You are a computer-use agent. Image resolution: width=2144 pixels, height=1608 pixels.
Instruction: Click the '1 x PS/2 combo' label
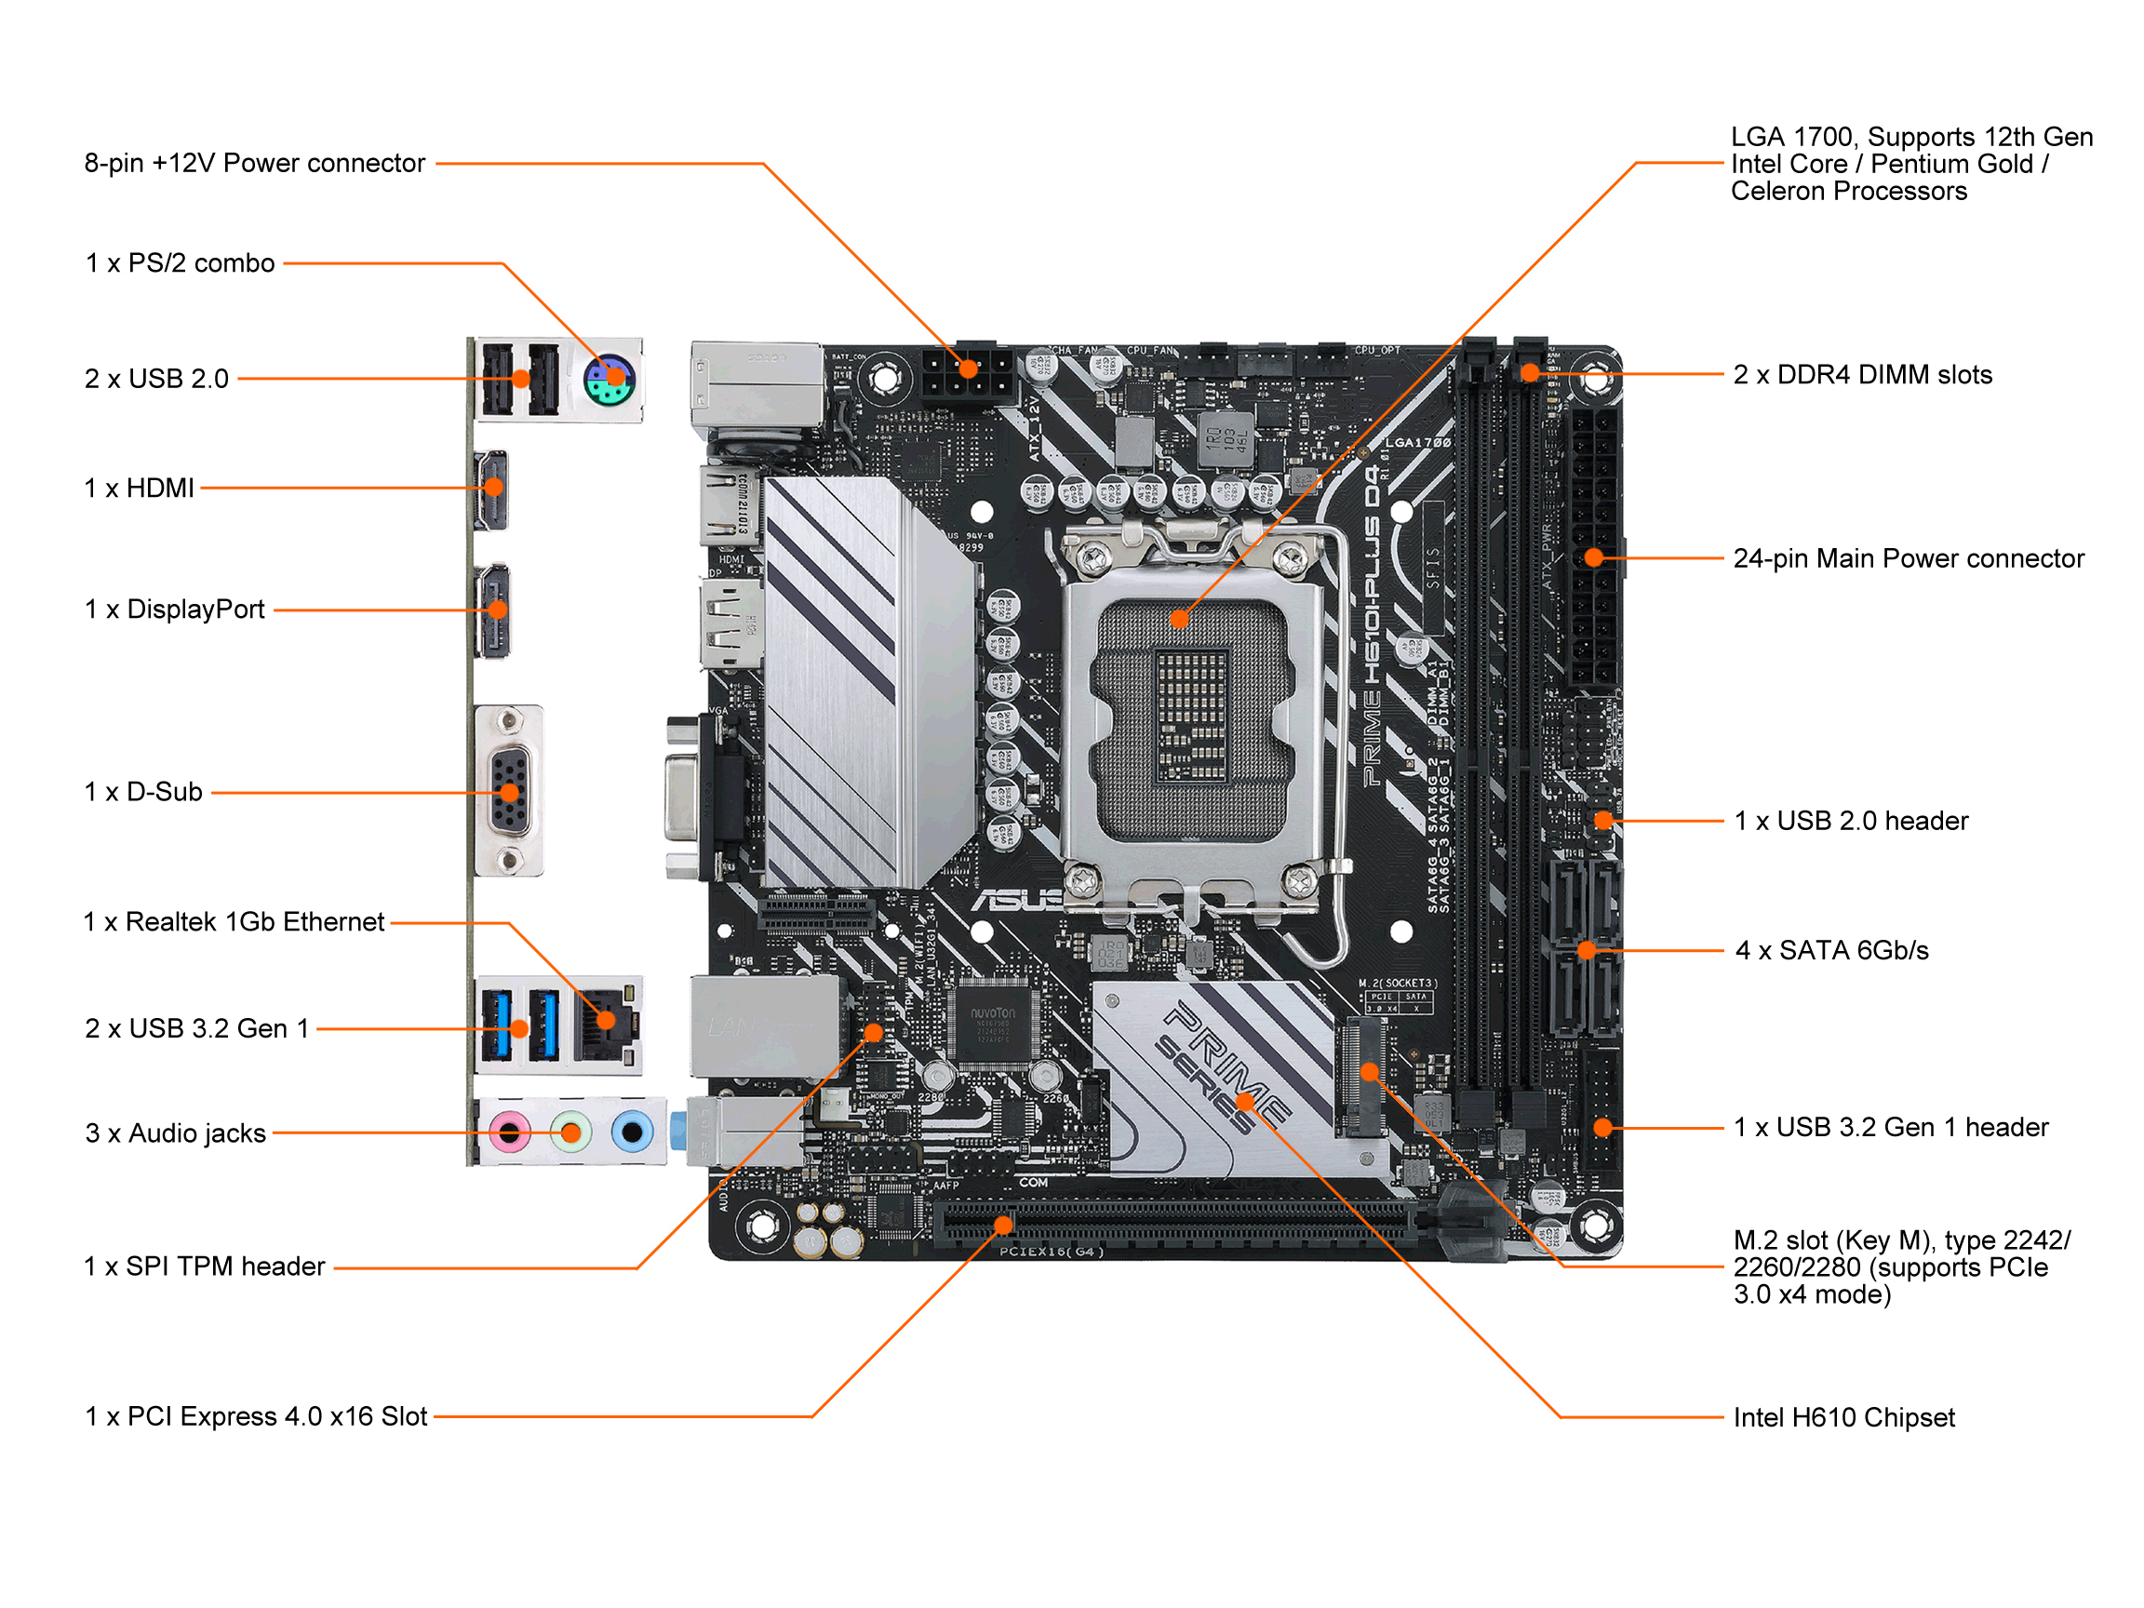[181, 263]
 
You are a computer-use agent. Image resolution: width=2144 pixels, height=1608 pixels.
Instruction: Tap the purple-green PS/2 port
[609, 380]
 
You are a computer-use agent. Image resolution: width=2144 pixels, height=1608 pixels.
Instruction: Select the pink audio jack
[510, 1132]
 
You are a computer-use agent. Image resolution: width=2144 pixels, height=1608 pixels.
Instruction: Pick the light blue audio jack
[632, 1132]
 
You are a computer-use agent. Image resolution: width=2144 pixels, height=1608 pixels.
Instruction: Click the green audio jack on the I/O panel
[570, 1132]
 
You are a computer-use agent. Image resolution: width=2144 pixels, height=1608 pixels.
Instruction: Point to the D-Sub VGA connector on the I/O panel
[510, 792]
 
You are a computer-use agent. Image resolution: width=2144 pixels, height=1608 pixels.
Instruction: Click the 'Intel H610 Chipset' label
[1842, 1418]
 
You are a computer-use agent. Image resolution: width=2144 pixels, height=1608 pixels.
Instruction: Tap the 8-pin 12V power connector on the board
[968, 378]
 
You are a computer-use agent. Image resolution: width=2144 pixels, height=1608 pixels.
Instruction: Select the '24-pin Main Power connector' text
[1908, 559]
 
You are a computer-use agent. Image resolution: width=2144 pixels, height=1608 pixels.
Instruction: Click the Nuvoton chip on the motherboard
[995, 1024]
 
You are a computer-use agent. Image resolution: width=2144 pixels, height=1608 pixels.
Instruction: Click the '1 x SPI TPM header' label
[205, 1266]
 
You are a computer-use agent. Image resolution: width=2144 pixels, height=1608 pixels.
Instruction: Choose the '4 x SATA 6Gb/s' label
[1831, 951]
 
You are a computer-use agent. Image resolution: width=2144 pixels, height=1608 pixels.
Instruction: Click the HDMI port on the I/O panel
[492, 489]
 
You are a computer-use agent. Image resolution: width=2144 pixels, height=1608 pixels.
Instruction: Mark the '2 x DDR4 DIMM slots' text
[1862, 375]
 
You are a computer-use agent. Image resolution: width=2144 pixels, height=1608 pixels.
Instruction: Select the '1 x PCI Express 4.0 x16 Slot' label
[256, 1417]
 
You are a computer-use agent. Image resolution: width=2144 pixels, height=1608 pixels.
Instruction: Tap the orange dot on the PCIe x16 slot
[1004, 1226]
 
